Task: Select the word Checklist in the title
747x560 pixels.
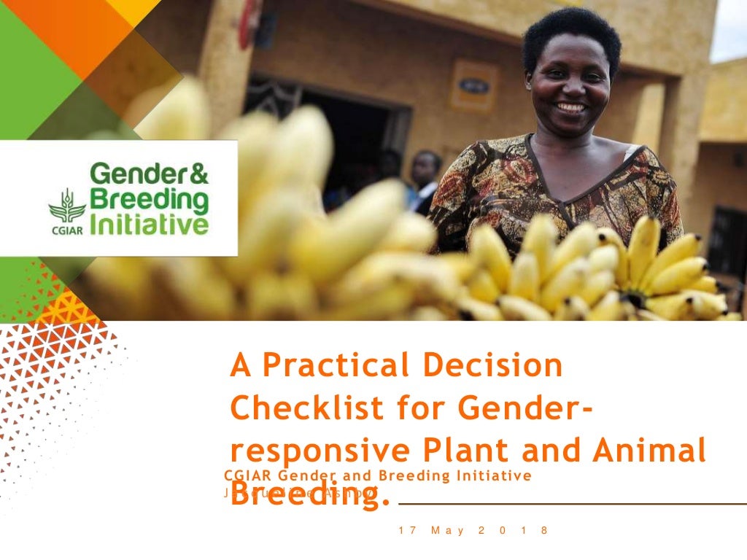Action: [306, 408]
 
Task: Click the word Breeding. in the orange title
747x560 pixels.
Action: [306, 497]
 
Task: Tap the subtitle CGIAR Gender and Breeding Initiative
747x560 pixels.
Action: [378, 476]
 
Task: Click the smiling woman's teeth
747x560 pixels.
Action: [570, 107]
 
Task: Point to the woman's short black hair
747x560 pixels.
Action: [571, 33]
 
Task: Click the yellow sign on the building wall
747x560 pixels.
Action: [473, 85]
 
